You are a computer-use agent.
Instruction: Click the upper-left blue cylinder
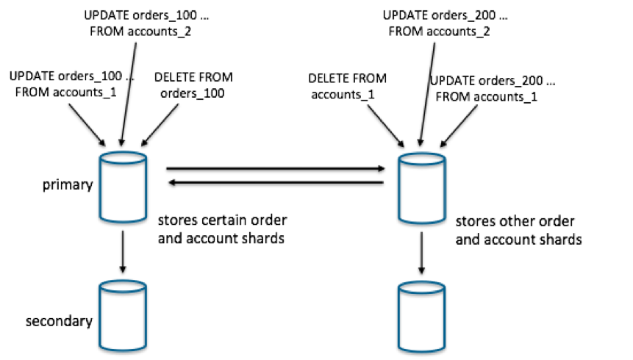[x=124, y=187]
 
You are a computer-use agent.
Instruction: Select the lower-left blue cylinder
[x=123, y=315]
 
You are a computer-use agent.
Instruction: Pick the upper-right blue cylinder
[x=422, y=188]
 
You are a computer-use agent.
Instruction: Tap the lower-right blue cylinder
[x=422, y=316]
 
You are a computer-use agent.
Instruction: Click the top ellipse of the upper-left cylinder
[x=124, y=156]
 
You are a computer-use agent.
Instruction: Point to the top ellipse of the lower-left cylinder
[x=123, y=285]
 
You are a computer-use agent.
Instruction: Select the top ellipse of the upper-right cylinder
[x=422, y=158]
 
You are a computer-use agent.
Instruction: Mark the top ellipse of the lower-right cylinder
[x=422, y=286]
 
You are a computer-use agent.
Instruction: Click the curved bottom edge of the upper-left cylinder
[x=124, y=220]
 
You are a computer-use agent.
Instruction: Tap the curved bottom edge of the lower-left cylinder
[x=123, y=348]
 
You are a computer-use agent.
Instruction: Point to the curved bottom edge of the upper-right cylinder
[x=422, y=221]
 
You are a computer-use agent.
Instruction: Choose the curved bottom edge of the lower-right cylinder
[x=422, y=349]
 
